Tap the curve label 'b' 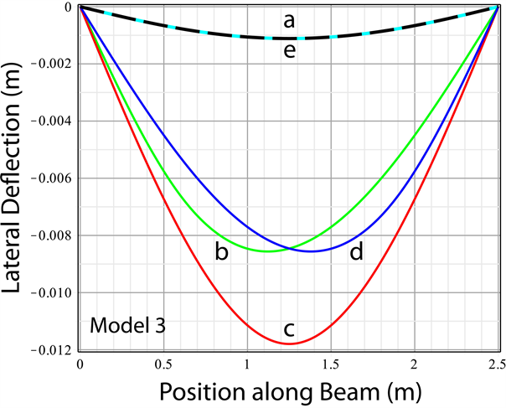(x=221, y=252)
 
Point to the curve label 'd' (x=356, y=251)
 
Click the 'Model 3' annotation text (x=126, y=324)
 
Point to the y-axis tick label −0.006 (x=54, y=178)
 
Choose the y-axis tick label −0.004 (x=54, y=121)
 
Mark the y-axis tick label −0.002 (x=54, y=64)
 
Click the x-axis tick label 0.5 (x=163, y=366)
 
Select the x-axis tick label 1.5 (x=330, y=366)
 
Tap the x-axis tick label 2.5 (x=497, y=366)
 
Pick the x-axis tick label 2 (x=414, y=366)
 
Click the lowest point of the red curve (x=288, y=343)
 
